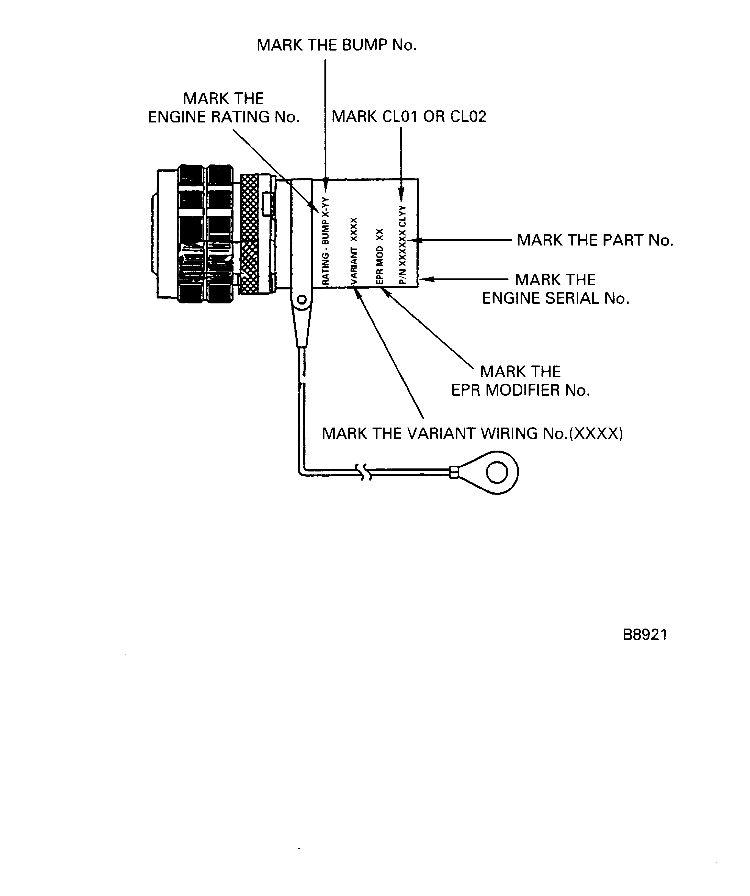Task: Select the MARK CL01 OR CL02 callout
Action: tap(409, 116)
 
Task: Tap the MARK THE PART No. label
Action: tap(595, 240)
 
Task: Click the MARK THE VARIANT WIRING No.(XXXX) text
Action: tap(472, 434)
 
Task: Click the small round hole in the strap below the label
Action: tap(302, 300)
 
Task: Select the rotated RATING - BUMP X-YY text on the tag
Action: tap(325, 241)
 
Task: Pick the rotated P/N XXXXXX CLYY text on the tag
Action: tap(402, 245)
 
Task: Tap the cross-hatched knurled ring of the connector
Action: tap(249, 234)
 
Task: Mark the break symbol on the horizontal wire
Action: tap(365, 472)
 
